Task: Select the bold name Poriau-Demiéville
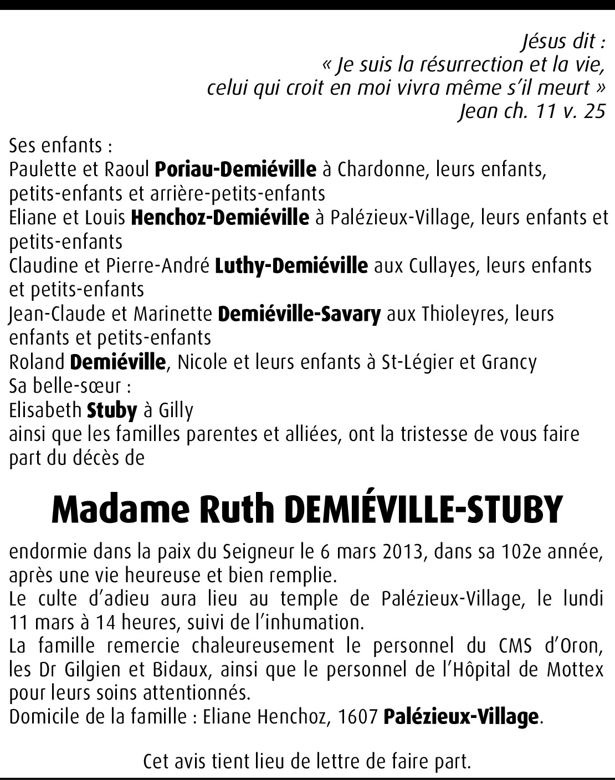click(235, 170)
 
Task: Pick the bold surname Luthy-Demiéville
click(291, 266)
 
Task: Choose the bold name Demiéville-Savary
click(300, 314)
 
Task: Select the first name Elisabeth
click(45, 410)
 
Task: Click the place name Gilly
click(176, 411)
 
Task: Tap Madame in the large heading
click(118, 510)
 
